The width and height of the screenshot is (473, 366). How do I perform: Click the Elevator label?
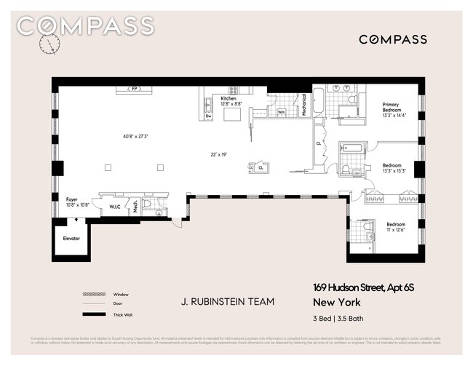[71, 238]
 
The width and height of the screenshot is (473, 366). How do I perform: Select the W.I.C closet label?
[114, 206]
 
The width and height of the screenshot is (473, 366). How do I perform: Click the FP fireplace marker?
[134, 89]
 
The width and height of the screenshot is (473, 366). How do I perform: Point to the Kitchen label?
[228, 98]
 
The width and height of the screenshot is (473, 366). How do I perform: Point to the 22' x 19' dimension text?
[219, 154]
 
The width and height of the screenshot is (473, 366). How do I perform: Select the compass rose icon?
[49, 45]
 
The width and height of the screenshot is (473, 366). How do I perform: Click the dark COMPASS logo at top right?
[392, 39]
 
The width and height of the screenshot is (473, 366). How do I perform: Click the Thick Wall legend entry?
[120, 314]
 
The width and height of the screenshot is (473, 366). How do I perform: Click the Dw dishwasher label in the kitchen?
[208, 116]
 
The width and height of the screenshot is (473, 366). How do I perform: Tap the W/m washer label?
[281, 112]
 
